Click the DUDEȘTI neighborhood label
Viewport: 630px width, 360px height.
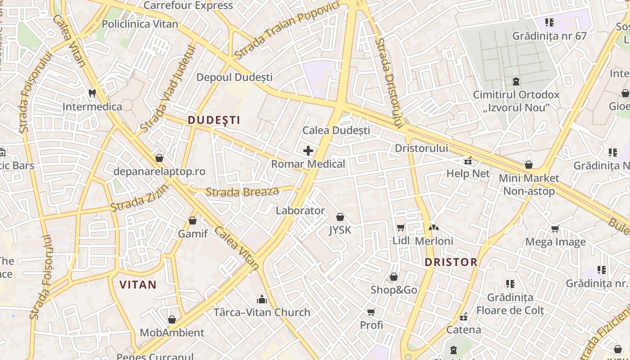point(214,120)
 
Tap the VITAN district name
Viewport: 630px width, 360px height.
point(138,284)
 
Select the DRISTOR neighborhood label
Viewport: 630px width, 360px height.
point(451,262)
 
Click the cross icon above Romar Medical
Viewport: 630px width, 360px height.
point(308,151)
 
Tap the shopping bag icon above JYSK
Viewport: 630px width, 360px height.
point(340,217)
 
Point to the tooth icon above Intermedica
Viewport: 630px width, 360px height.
point(92,94)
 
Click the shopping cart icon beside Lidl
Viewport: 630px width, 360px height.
point(400,228)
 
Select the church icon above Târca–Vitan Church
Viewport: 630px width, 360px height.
point(261,299)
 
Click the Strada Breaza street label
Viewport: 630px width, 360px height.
point(242,192)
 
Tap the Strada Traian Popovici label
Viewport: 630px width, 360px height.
point(286,31)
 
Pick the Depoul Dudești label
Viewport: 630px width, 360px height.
point(234,77)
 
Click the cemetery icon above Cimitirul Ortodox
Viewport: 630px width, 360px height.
point(516,81)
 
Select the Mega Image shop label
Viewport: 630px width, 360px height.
point(556,242)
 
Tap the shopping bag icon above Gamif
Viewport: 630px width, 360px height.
point(193,220)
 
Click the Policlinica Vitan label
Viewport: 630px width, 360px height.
point(140,24)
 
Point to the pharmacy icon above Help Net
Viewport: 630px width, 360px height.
point(468,161)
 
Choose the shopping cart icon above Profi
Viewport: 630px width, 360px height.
point(371,312)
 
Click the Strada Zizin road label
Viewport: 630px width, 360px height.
point(139,198)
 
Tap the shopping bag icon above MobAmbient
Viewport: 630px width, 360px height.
point(171,320)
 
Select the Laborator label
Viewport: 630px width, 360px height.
point(300,211)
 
